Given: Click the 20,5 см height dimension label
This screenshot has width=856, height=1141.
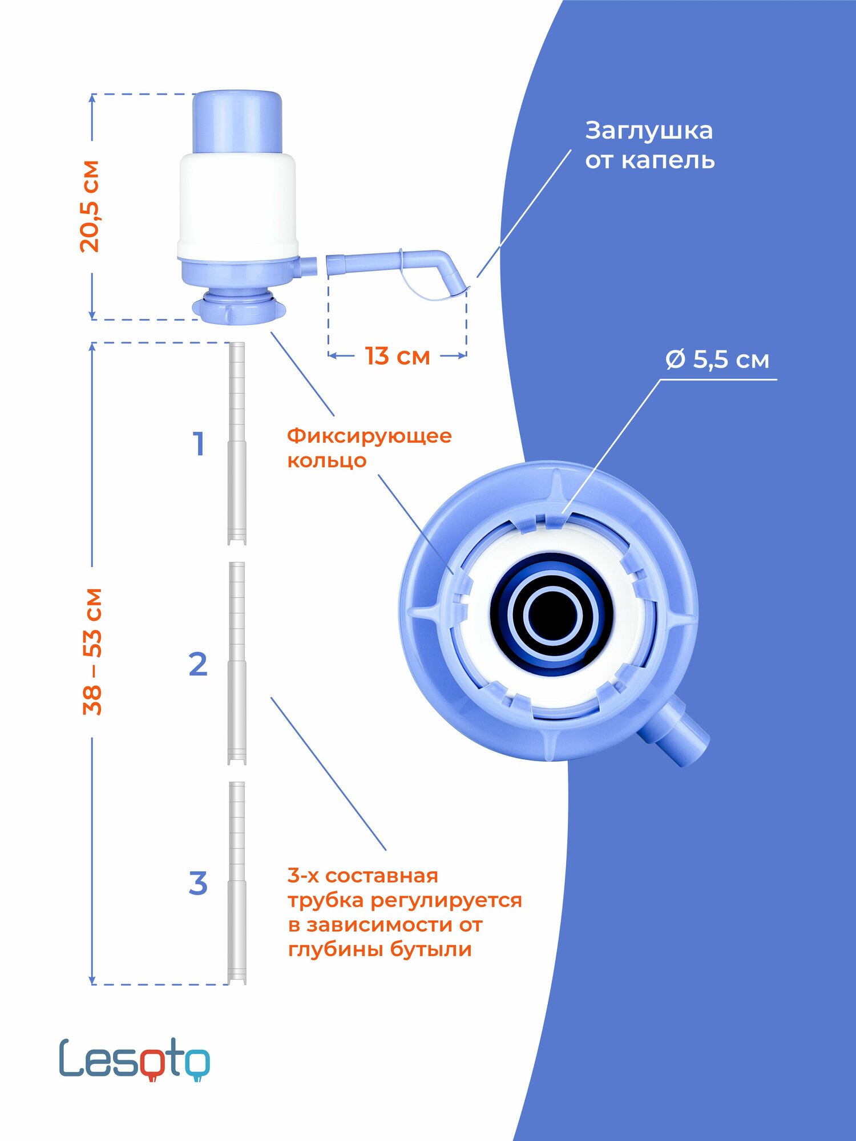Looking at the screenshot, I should click(90, 207).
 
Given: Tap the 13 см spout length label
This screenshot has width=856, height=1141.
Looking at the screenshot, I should click(397, 357).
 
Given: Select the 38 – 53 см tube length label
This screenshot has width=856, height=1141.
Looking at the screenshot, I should click(92, 651).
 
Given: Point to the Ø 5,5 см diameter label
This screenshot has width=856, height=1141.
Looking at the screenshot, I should click(717, 360).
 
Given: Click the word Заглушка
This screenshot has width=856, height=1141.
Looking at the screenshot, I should click(649, 131).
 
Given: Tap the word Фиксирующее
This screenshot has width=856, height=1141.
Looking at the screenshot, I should click(369, 436).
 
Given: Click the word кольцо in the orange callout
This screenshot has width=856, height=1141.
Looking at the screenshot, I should click(326, 460).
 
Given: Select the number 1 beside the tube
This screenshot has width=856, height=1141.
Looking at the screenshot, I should click(199, 444).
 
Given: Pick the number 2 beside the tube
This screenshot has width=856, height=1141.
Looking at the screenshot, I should click(198, 665).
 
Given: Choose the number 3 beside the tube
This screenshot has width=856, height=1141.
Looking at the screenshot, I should click(198, 884).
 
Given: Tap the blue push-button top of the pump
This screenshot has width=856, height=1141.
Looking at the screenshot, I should click(237, 122).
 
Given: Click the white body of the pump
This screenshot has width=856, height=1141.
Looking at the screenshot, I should click(237, 205).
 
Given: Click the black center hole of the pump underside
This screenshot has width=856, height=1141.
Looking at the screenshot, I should click(553, 616).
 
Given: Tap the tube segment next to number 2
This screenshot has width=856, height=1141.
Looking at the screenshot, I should click(237, 663).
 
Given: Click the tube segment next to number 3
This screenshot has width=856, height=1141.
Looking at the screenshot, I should click(237, 883).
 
